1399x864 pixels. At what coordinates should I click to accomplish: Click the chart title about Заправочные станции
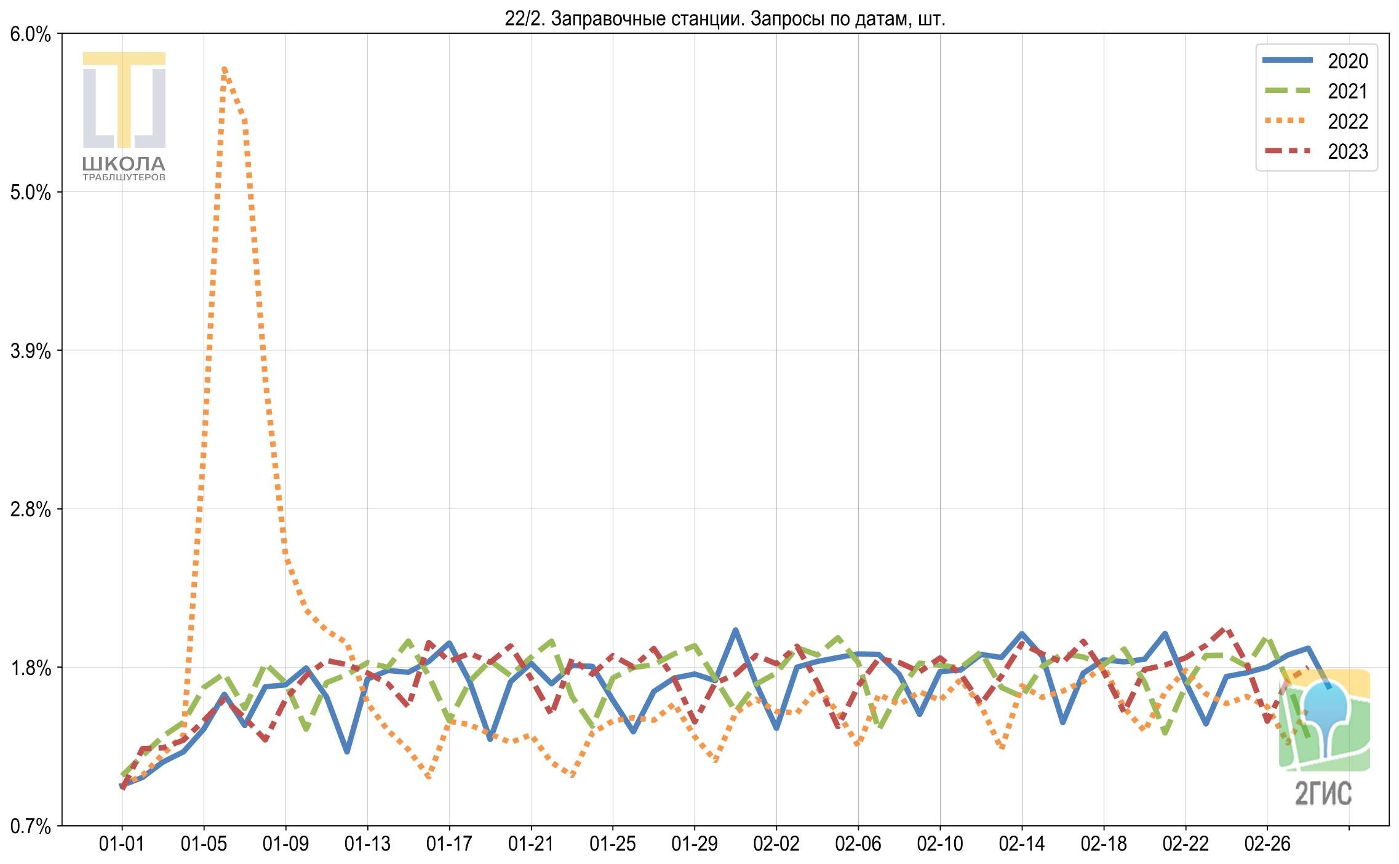pos(725,19)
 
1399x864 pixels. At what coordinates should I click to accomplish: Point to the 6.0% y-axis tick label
pos(31,34)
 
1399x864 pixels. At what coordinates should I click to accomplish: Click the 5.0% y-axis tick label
pos(31,193)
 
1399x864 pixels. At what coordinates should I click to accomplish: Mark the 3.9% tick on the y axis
pos(31,351)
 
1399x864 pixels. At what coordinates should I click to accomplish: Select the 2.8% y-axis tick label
pos(31,510)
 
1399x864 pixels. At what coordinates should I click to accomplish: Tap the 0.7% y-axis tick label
pos(31,826)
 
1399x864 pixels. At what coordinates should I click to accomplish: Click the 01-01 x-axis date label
pos(122,844)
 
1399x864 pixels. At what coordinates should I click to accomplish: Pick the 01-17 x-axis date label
pos(449,844)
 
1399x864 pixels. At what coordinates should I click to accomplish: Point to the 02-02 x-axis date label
pos(776,844)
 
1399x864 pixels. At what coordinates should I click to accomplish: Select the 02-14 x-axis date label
pos(1022,844)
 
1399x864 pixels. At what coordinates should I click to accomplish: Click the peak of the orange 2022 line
pos(224,68)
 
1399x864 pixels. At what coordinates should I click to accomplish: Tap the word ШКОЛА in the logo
pos(124,164)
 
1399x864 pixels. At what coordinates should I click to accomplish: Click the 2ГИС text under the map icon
pos(1323,793)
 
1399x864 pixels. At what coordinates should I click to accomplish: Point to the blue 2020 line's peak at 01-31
pos(735,630)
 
